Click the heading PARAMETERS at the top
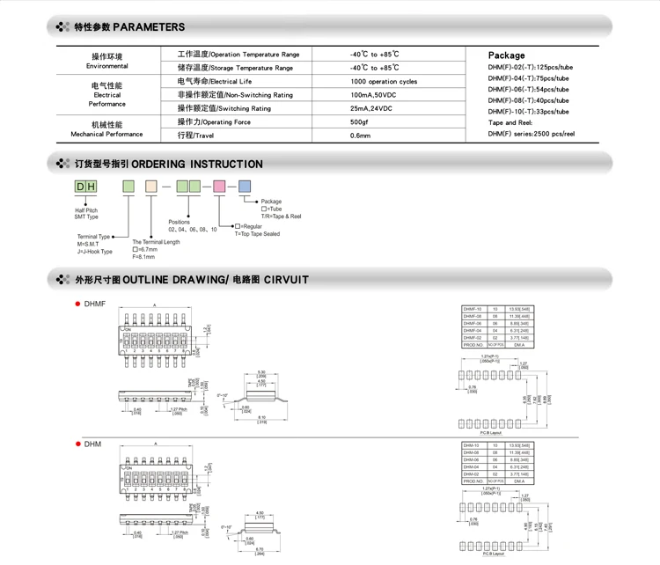click(149, 27)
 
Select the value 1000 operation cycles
click(383, 81)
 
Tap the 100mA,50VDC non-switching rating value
click(373, 95)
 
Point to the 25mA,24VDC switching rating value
click(371, 108)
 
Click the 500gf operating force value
click(359, 122)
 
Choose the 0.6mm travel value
click(360, 136)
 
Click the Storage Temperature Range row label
click(235, 68)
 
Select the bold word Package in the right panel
click(506, 55)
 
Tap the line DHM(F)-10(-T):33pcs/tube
click(528, 112)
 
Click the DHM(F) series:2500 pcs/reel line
click(531, 134)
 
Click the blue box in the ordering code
click(244, 187)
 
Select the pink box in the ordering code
click(219, 187)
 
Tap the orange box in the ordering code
click(150, 187)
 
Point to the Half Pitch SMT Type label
click(86, 214)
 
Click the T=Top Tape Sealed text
click(257, 234)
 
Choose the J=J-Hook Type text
click(95, 252)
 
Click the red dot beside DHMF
click(78, 304)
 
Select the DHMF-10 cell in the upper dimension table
click(473, 310)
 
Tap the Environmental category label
click(107, 66)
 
